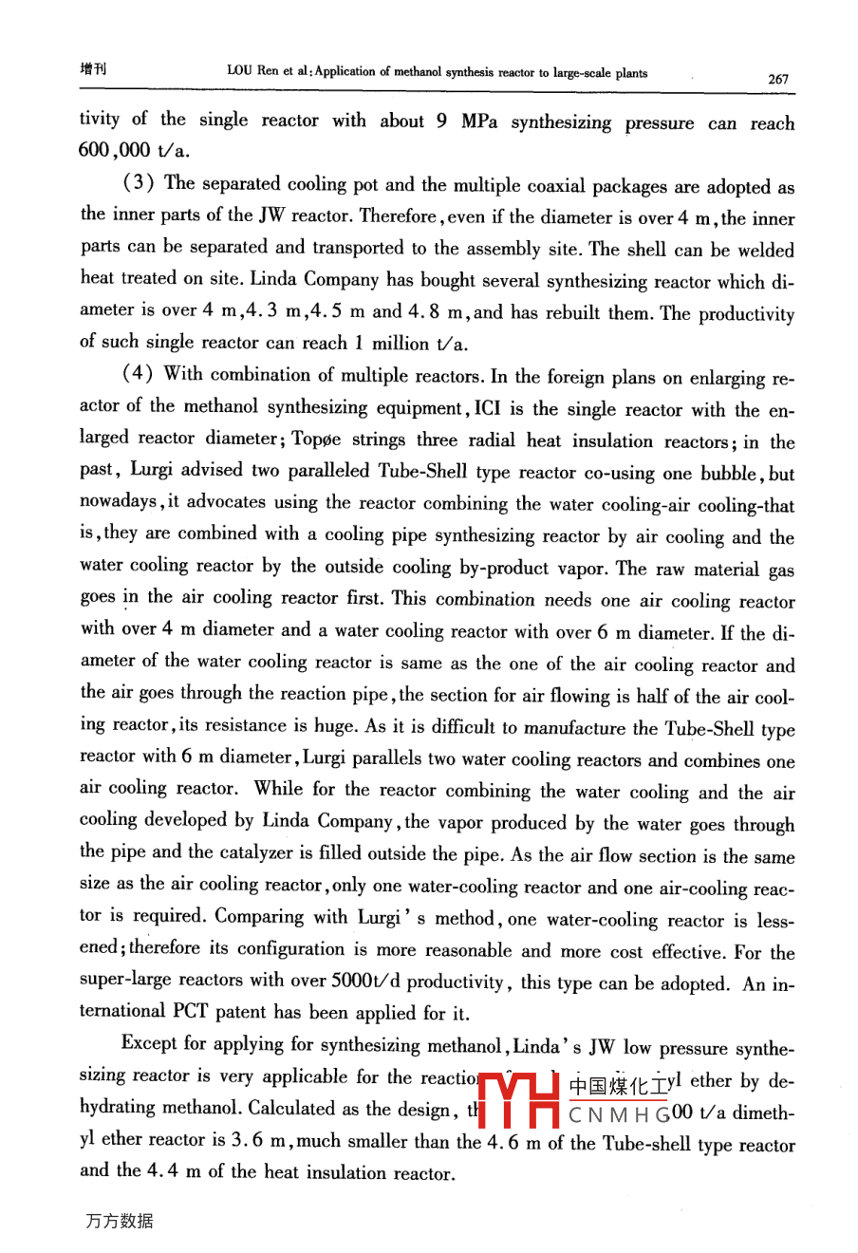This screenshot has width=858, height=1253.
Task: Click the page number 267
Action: tap(777, 79)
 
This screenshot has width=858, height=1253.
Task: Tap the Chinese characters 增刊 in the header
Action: tap(93, 69)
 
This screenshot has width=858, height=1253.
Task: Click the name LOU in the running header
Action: tap(239, 72)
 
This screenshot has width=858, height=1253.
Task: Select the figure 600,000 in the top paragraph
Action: tap(115, 150)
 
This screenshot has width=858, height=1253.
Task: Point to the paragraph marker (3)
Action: tap(140, 183)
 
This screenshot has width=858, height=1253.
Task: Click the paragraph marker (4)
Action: tap(140, 374)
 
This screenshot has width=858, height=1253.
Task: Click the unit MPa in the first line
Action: tap(478, 122)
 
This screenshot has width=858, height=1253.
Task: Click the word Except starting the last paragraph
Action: tap(150, 1044)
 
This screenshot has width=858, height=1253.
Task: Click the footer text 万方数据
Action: tap(119, 1222)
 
